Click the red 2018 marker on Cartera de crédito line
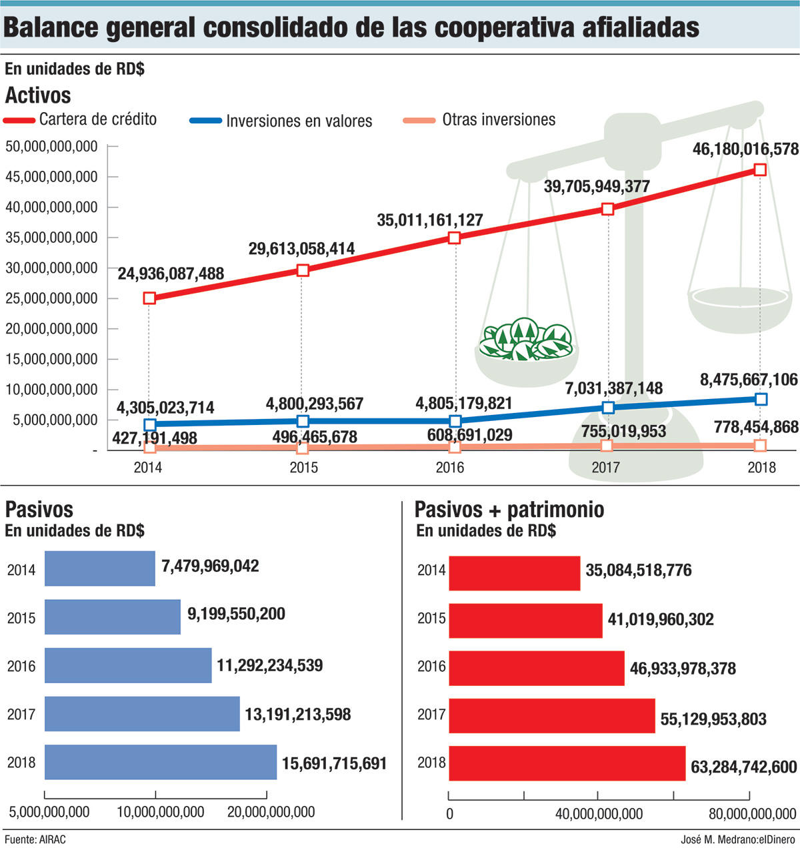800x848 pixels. pos(759,169)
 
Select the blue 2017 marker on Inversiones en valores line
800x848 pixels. pos(607,407)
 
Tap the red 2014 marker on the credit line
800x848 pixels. pos(149,298)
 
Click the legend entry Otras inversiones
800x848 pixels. pos(498,120)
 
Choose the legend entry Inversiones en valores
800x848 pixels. pos(299,121)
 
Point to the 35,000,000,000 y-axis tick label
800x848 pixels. pos(51,238)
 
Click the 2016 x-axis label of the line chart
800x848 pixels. pos(450,468)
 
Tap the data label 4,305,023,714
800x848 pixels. pos(165,408)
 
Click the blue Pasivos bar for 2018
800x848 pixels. pos(161,762)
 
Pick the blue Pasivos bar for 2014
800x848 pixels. pos(100,568)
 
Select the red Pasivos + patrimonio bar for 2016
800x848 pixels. pos(537,668)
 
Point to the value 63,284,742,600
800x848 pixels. pos(743,767)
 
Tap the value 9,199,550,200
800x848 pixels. pos(236,614)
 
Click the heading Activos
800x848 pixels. pos(38,95)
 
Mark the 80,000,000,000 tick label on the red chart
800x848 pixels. pos(752,813)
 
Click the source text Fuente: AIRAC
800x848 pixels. pos(35,839)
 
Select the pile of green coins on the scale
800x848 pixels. pos(527,340)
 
